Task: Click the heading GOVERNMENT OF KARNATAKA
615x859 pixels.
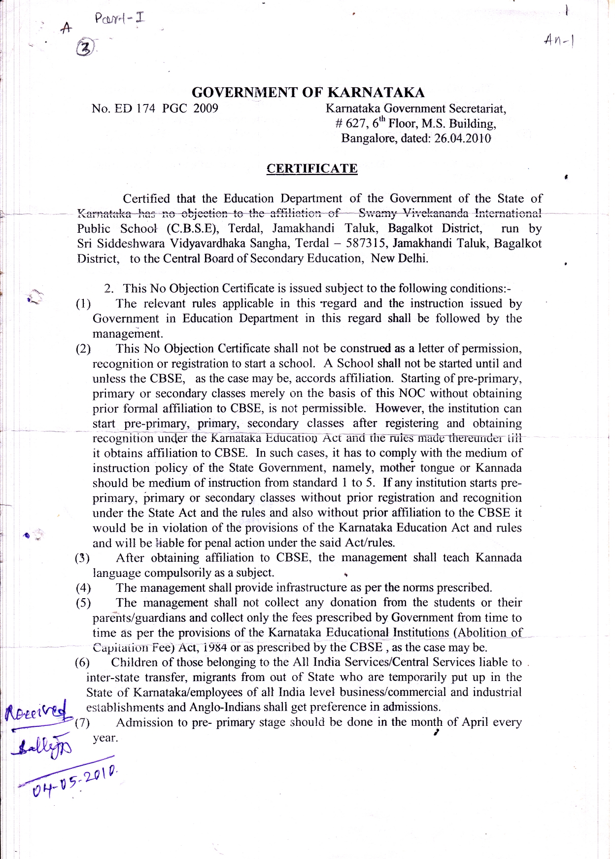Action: click(x=308, y=93)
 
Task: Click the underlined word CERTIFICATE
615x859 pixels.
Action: click(x=312, y=169)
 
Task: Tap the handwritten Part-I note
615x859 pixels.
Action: click(x=120, y=19)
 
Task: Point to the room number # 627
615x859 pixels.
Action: click(x=350, y=124)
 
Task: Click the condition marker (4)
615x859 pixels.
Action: click(x=83, y=588)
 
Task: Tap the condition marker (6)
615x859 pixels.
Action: click(x=82, y=663)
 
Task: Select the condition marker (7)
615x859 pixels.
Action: click(x=82, y=723)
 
